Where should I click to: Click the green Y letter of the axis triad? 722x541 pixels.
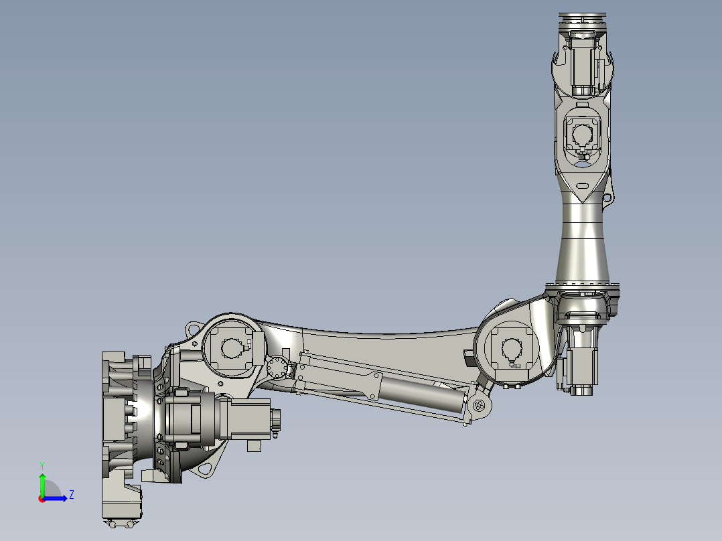(42, 464)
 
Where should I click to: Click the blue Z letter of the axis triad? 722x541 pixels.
(71, 495)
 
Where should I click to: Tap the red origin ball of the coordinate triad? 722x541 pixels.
(42, 498)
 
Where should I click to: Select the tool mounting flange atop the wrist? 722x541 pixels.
(581, 19)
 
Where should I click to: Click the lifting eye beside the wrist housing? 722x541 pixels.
(607, 198)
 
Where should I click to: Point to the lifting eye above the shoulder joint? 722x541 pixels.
(194, 329)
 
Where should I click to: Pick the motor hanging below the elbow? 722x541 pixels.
(580, 368)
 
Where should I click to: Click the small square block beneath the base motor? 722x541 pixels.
(254, 445)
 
